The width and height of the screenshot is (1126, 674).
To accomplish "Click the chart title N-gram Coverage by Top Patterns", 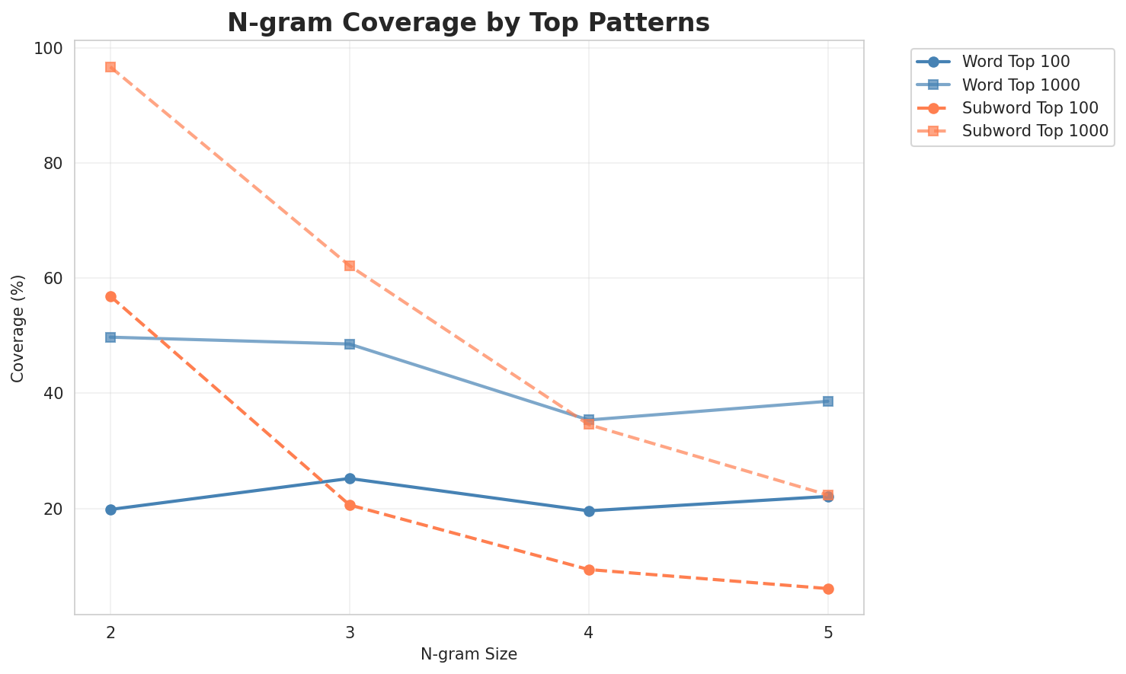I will [469, 23].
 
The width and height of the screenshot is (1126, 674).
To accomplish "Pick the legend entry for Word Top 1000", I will [1021, 84].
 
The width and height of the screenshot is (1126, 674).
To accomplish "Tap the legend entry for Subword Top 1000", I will [1034, 130].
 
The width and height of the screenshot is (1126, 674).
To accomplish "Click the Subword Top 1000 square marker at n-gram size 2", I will [110, 67].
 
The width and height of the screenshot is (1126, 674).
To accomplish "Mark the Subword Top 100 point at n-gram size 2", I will [110, 296].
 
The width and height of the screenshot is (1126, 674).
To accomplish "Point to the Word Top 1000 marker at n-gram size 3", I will [350, 344].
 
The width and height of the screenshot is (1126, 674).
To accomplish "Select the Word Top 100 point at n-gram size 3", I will [350, 478].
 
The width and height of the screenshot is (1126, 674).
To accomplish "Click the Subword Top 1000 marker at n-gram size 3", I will [350, 266].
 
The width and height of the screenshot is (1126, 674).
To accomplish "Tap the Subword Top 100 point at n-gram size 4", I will [589, 570].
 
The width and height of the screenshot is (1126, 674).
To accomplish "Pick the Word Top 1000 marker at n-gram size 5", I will [828, 401].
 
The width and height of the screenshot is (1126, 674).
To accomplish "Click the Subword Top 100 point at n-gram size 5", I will [828, 589].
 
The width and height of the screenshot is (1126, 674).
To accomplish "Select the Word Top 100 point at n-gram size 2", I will [110, 509].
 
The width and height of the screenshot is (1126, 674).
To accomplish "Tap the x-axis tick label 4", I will [589, 633].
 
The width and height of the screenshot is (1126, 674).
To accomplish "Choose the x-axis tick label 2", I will [110, 633].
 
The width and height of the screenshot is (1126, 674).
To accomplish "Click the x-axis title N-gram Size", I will [469, 654].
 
